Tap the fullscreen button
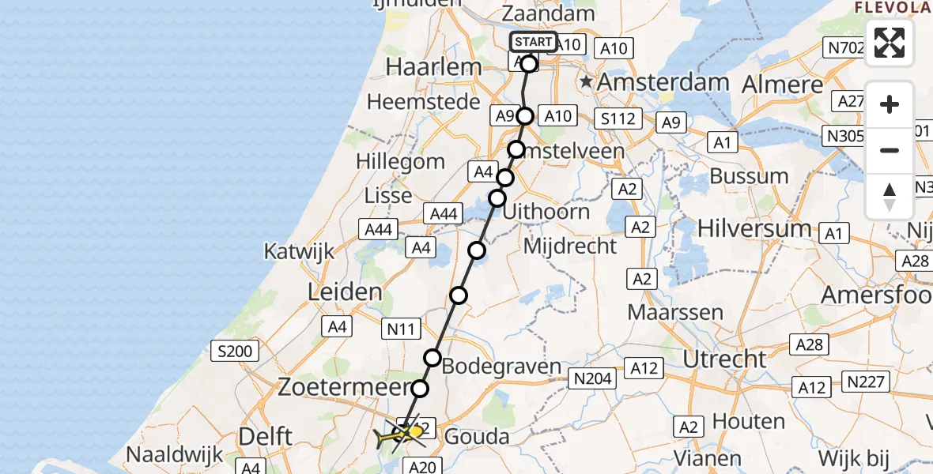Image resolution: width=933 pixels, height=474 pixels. click(x=890, y=43)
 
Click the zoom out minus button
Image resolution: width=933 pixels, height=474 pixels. click(x=890, y=150)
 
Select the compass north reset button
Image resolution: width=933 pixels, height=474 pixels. click(x=890, y=196)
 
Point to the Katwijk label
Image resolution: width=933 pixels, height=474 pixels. click(x=299, y=253)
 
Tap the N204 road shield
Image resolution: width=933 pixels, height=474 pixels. click(x=593, y=380)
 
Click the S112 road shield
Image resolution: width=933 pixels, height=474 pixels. click(x=618, y=119)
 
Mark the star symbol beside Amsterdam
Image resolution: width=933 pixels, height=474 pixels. click(x=585, y=82)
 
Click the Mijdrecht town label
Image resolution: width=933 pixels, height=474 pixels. click(x=570, y=246)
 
